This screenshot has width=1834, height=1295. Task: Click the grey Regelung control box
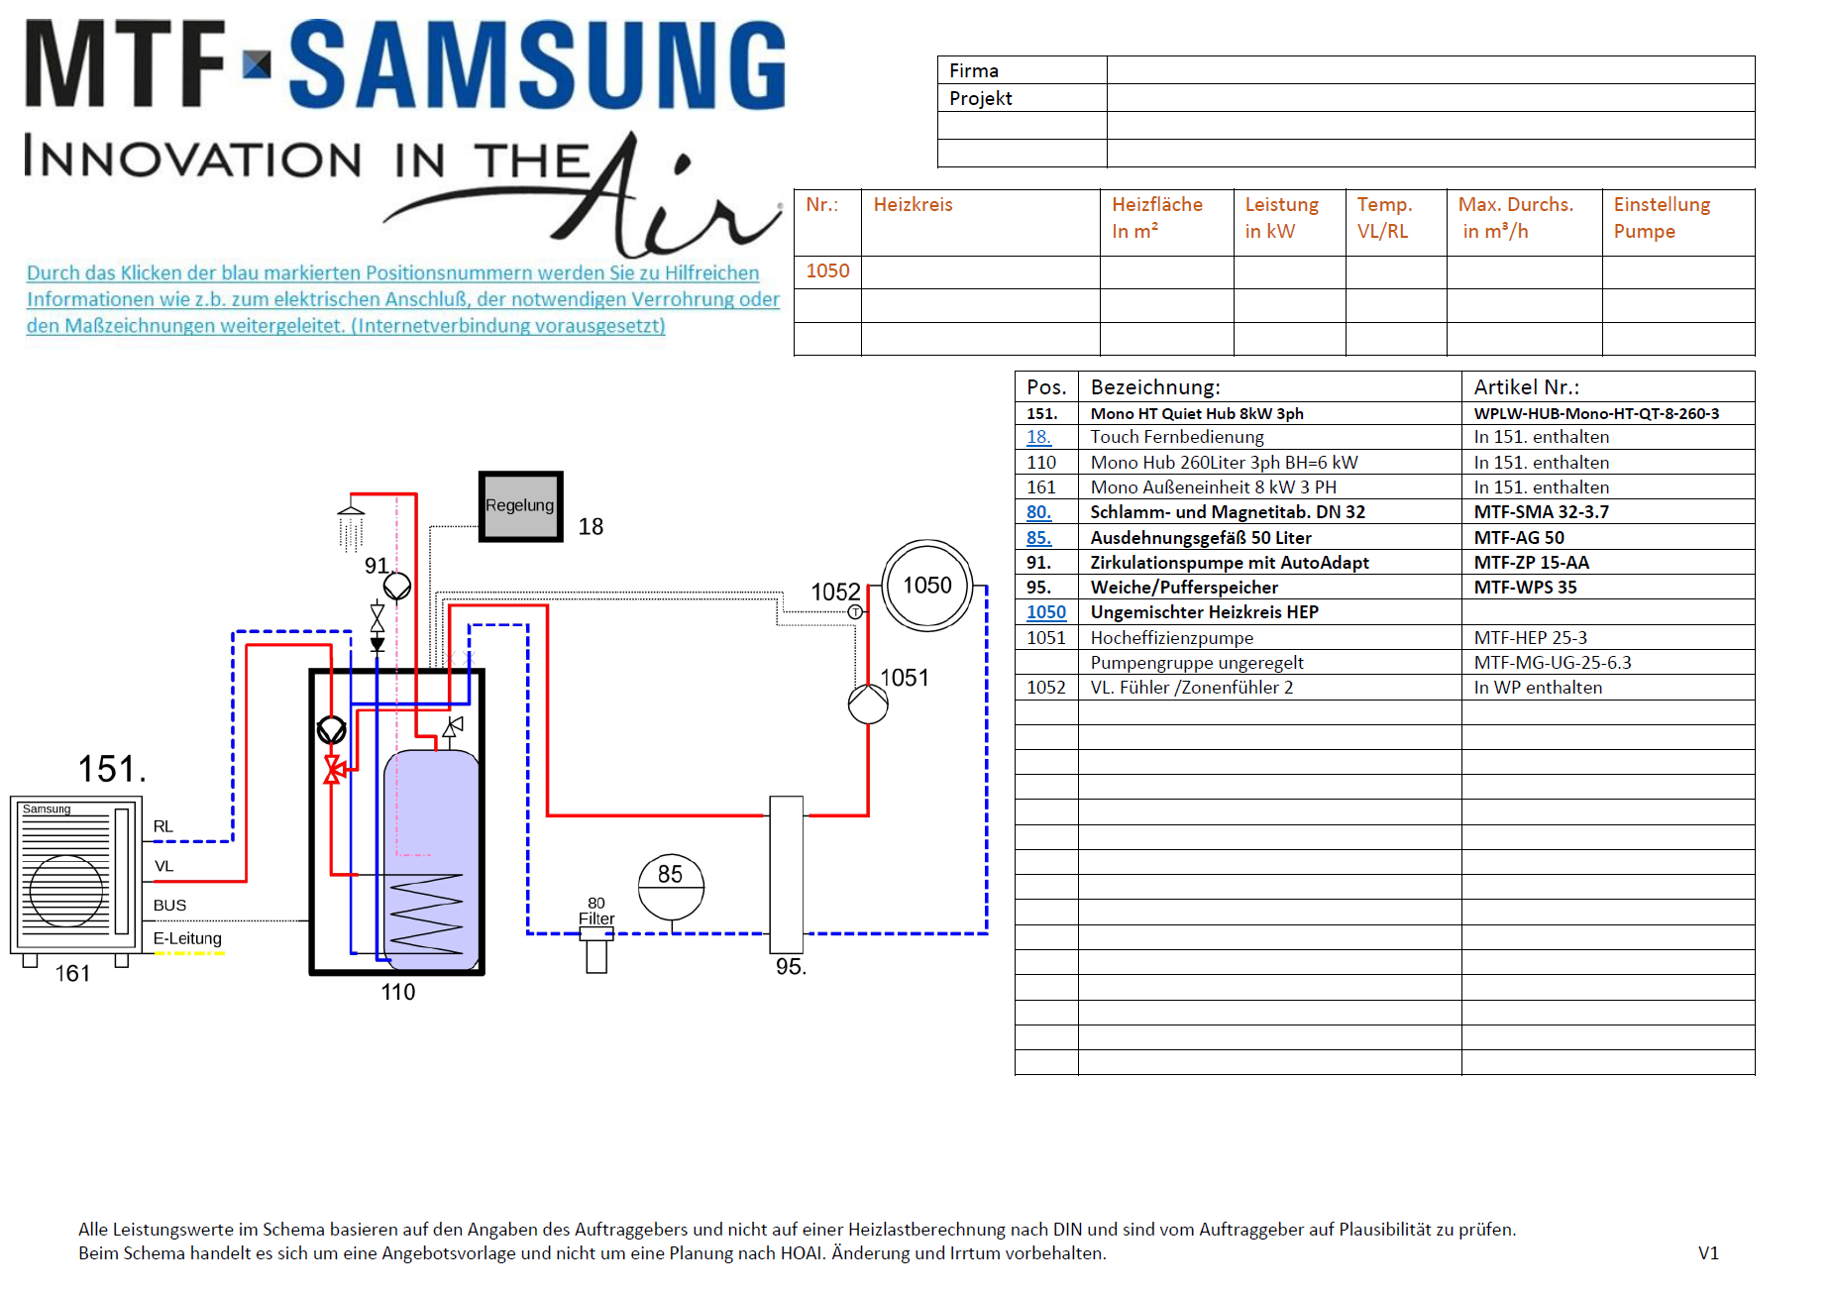(521, 506)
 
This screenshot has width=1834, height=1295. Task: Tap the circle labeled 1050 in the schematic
(927, 586)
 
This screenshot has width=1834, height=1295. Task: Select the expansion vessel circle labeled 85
(671, 888)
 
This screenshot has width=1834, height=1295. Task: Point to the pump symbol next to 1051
(868, 704)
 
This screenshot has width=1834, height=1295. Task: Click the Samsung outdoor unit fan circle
(66, 891)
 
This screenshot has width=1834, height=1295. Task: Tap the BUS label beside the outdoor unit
(169, 906)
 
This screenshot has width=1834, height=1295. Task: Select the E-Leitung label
(187, 938)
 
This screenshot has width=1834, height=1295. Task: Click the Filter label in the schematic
(596, 919)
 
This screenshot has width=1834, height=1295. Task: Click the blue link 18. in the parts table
(1038, 437)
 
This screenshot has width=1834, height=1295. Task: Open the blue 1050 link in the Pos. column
(1046, 612)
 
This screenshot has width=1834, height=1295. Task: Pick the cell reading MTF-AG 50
(1519, 538)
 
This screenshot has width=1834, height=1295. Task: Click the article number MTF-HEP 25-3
(1530, 638)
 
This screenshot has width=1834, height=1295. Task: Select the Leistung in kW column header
(1282, 218)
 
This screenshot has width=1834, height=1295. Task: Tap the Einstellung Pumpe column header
(1662, 218)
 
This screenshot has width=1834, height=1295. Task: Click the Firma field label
(974, 70)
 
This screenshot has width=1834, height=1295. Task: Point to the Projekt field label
(981, 98)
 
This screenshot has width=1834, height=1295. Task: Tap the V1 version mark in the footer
(1708, 1253)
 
